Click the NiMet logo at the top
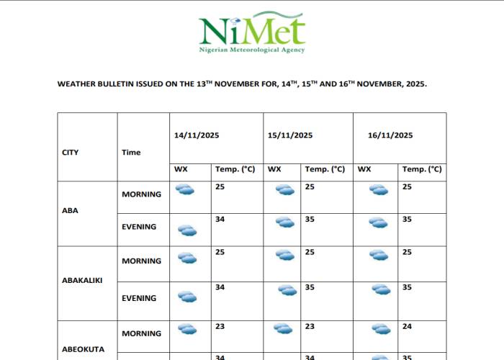coord(252,30)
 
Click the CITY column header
coord(71,153)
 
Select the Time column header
coord(131,153)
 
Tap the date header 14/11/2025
coord(197,135)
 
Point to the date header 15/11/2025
coord(289,135)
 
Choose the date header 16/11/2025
coord(390,135)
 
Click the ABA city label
coord(70,211)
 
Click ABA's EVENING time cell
coord(139,227)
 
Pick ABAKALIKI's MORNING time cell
coord(141,261)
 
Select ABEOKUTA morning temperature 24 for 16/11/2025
coord(407,326)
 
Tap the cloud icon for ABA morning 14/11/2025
coord(186,189)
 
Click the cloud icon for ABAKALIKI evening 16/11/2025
coord(381,289)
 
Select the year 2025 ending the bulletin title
coord(415,84)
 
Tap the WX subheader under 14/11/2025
coord(181,169)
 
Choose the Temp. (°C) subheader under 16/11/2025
coord(422,169)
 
